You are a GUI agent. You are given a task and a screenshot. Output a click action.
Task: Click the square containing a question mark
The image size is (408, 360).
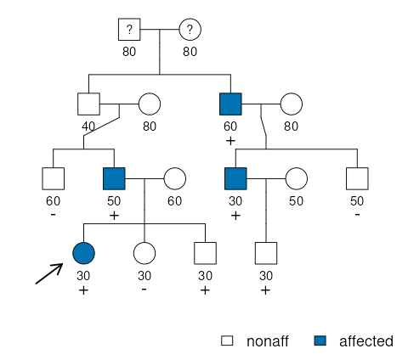tap(129, 30)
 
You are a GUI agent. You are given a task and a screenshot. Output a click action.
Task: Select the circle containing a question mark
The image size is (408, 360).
tap(190, 30)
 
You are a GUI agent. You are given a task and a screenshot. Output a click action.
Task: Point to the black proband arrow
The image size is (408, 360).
tap(49, 273)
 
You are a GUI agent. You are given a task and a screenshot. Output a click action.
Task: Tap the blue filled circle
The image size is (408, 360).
tap(83, 253)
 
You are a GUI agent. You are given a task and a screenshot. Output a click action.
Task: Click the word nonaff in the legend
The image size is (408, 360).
tap(268, 341)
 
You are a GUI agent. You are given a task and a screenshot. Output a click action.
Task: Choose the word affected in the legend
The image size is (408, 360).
tap(366, 341)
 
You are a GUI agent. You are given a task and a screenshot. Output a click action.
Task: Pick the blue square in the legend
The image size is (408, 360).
tap(320, 340)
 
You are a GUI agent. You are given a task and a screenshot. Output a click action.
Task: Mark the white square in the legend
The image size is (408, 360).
tap(227, 340)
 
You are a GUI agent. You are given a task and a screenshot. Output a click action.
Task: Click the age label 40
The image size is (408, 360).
tap(88, 127)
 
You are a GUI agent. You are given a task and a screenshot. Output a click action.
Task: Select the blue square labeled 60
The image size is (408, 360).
tap(230, 104)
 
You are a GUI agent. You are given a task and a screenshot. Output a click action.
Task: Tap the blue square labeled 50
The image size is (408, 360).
tap(114, 178)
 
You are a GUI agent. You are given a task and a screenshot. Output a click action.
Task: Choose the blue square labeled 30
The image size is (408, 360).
tap(235, 178)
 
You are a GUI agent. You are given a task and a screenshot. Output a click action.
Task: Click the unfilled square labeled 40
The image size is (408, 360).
tap(88, 104)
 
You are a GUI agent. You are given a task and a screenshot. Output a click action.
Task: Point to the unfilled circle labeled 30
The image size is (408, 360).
tap(144, 253)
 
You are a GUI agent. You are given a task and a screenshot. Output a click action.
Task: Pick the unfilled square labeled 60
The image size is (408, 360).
tap(54, 178)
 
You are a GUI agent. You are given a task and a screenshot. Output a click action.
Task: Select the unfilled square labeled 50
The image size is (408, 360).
tap(357, 178)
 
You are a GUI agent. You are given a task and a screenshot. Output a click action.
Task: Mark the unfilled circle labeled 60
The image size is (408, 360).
tap(175, 178)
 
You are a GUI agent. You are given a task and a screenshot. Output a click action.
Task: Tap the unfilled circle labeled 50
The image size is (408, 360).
tap(297, 178)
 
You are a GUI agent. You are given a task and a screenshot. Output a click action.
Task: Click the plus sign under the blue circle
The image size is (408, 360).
tap(83, 290)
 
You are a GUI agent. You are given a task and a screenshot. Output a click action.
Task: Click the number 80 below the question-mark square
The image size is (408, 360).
tap(129, 52)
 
